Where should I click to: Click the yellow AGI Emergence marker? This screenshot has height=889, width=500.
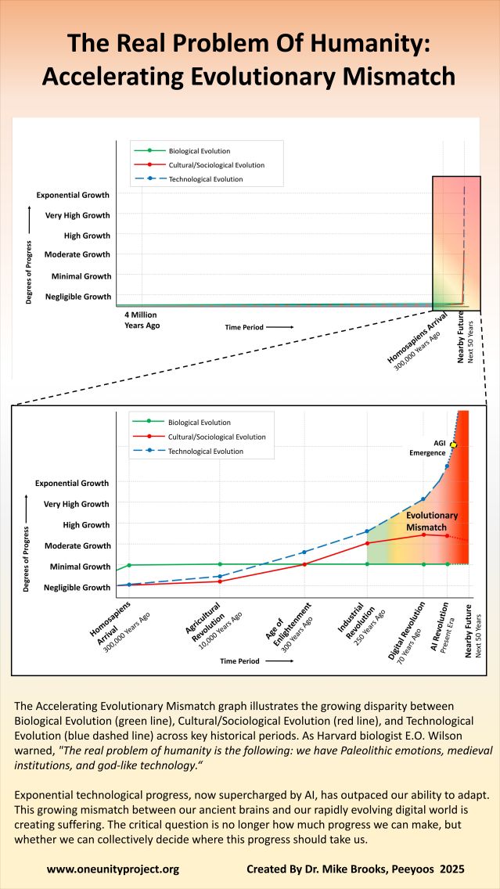[453, 444]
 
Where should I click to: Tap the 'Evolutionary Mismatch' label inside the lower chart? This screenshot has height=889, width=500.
[432, 522]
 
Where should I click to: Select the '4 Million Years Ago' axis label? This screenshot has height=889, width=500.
[142, 319]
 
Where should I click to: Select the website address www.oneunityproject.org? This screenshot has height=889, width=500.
[113, 869]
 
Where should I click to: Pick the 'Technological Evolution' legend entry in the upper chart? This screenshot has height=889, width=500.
[206, 179]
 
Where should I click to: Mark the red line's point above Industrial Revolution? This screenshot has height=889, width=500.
[367, 543]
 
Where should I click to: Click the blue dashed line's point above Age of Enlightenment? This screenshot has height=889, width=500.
[304, 552]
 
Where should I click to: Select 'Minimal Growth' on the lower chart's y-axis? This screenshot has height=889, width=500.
[78, 567]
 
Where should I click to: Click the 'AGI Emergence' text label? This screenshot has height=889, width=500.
[428, 448]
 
